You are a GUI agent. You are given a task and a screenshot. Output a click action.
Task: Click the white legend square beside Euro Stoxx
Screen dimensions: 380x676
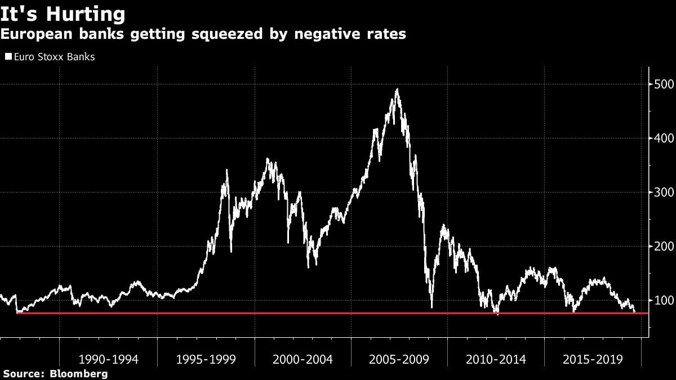tap(8, 57)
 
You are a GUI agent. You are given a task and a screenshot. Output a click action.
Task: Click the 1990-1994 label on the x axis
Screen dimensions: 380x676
tap(109, 359)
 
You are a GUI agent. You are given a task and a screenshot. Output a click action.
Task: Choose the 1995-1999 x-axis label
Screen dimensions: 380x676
tap(206, 359)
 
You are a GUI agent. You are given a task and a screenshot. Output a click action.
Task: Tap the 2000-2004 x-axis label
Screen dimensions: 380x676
tap(303, 359)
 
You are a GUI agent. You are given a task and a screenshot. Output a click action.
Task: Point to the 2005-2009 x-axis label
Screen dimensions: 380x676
tap(399, 359)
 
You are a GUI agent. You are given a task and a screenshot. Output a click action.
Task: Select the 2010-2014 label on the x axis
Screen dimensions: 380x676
tap(496, 359)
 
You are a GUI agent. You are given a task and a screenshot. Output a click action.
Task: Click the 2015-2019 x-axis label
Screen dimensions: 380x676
tap(593, 359)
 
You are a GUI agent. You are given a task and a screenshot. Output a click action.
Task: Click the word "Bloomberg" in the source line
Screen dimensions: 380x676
tap(79, 373)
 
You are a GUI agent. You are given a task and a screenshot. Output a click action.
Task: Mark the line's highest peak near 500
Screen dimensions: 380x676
tap(397, 90)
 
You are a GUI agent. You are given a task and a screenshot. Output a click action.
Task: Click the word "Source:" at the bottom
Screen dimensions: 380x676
tap(25, 373)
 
